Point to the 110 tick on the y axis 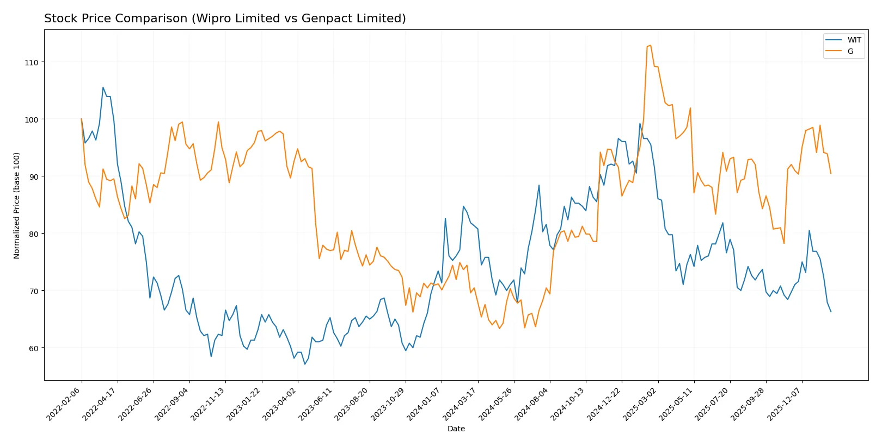pyautogui.click(x=32, y=63)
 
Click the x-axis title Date pyautogui.click(x=456, y=429)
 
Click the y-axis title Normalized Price pyautogui.click(x=17, y=205)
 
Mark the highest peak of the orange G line pyautogui.click(x=651, y=45)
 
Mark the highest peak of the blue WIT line pyautogui.click(x=103, y=87)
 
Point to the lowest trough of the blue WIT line pyautogui.click(x=305, y=364)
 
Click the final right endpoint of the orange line pyautogui.click(x=831, y=174)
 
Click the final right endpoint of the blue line pyautogui.click(x=831, y=311)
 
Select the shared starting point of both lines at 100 pyautogui.click(x=82, y=119)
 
